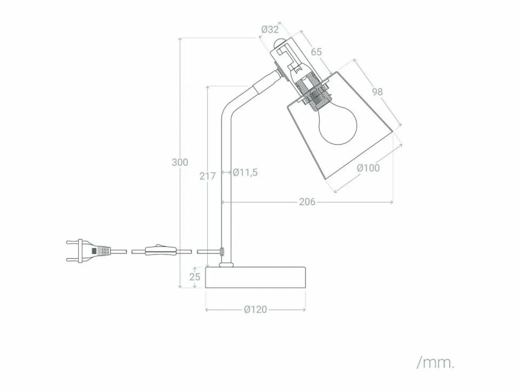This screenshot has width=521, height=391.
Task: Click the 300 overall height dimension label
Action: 180,162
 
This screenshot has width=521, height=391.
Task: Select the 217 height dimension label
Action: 207,176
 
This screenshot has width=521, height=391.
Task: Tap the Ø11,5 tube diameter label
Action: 245,173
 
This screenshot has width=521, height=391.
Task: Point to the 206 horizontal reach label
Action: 307,202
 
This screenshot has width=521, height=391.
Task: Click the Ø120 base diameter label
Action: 255,310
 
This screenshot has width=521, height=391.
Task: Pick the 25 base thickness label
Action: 195,277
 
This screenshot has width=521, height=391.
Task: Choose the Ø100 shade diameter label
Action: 368,168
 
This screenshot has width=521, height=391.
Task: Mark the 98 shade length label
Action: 377,92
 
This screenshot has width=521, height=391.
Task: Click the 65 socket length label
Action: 316,52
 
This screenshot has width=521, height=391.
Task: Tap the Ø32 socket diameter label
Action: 270,30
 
